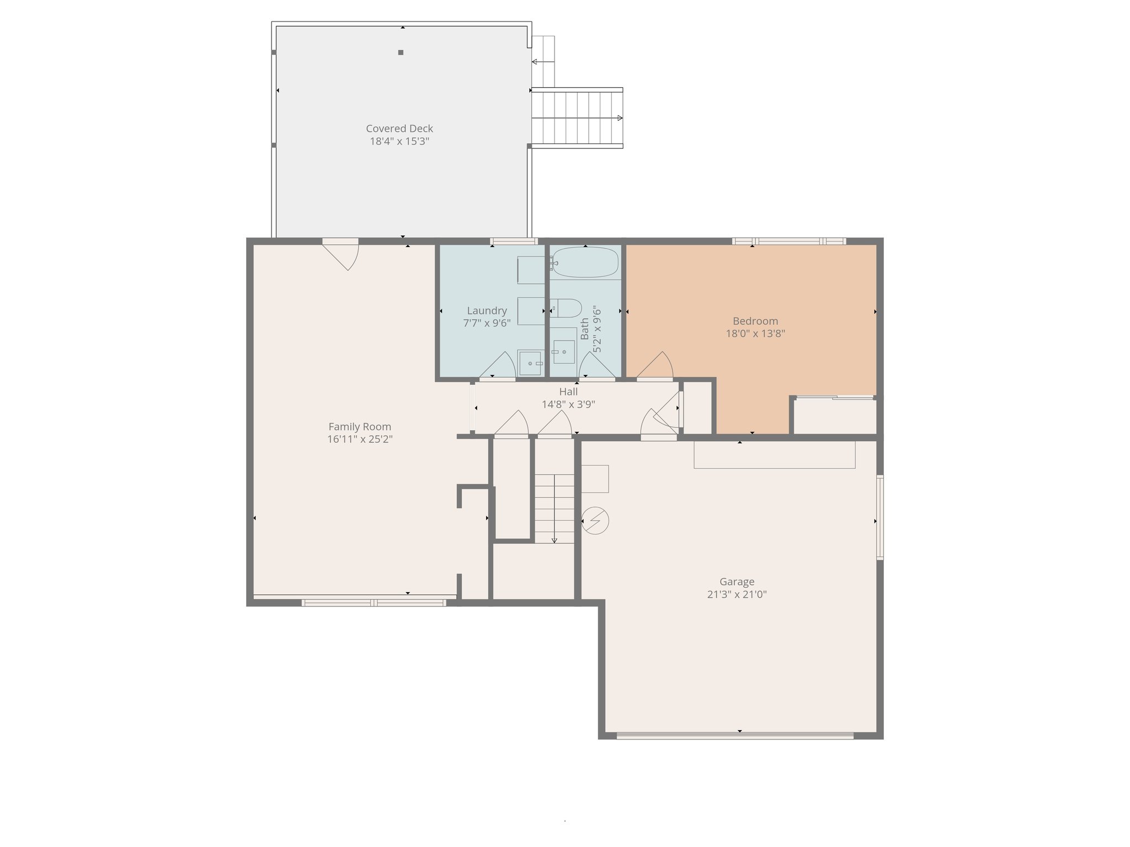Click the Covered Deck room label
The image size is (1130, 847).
(399, 128)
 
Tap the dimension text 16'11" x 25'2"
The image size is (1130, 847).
(360, 439)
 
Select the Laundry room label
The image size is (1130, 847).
(487, 311)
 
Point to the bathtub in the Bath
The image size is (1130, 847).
(585, 262)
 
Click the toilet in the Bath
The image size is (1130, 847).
(567, 308)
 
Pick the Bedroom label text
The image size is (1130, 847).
(755, 321)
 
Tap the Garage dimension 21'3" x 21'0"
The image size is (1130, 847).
(737, 594)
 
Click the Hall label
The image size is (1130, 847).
(568, 392)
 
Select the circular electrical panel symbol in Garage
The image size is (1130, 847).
(595, 521)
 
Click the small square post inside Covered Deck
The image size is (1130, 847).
(401, 52)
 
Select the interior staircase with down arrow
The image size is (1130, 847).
(554, 508)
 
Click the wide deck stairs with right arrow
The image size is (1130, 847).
(577, 118)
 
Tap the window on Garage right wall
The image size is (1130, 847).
(880, 517)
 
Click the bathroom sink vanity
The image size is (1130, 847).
(563, 351)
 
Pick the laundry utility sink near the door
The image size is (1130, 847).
(530, 363)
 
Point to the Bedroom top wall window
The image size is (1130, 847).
(788, 241)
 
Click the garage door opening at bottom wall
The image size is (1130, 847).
(734, 735)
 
